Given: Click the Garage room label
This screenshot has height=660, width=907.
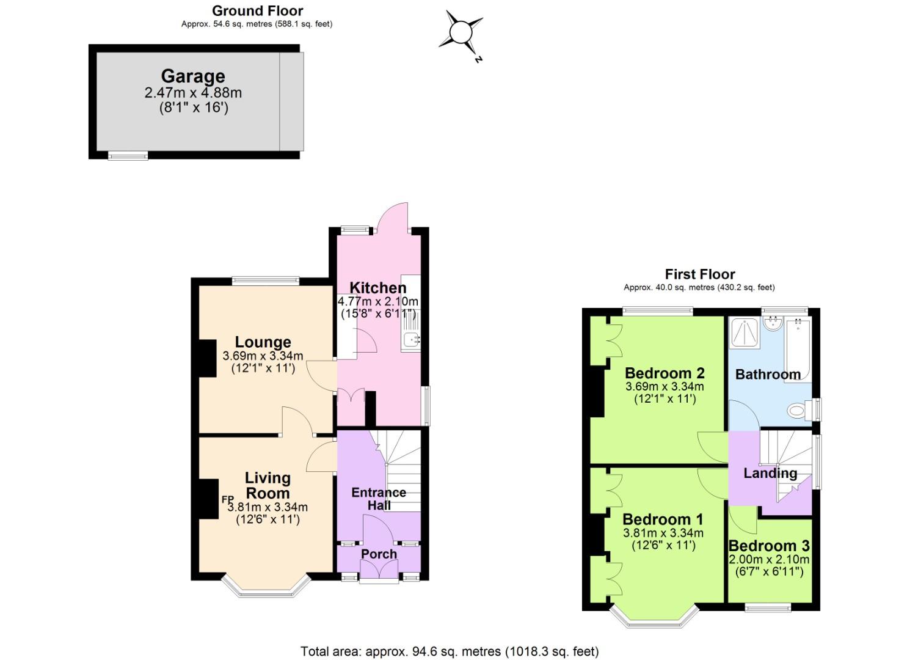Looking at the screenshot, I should [193, 76].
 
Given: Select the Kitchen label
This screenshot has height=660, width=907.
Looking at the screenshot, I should [377, 288].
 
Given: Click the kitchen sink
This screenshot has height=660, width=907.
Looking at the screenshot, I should [410, 339].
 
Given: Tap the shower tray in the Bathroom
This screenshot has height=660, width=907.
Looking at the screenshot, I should [745, 332].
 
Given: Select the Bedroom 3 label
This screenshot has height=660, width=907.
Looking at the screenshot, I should [769, 546].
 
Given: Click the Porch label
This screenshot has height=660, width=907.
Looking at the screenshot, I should [379, 554].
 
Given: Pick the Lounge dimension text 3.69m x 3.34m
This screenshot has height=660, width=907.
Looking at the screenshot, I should [263, 356].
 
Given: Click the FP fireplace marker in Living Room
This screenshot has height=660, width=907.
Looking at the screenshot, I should [227, 499].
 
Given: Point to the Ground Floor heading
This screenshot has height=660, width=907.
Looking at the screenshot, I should [257, 11].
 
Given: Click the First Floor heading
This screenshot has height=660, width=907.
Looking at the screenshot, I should [699, 274].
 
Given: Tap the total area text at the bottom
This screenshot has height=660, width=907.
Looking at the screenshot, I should [450, 651].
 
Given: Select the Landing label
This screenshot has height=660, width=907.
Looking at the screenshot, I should [770, 473].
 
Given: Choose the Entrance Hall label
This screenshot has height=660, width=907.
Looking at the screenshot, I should [379, 499].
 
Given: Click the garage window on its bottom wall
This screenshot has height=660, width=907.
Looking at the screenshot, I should [128, 156].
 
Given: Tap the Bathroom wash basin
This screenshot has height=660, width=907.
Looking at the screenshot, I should [773, 323].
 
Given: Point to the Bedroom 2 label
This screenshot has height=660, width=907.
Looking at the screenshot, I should [665, 373].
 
